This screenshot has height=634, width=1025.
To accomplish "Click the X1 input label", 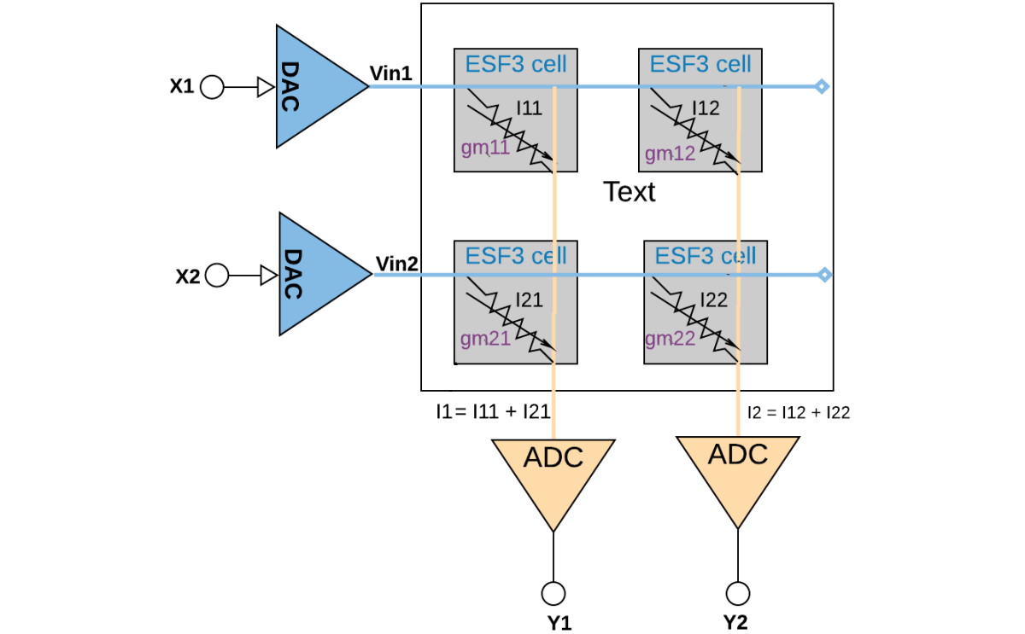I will tap(182, 86).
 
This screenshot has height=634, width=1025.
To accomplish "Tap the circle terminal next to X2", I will tap(217, 275).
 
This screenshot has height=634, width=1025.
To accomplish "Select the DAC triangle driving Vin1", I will tap(312, 86).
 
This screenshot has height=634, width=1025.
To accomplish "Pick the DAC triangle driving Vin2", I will tap(315, 275).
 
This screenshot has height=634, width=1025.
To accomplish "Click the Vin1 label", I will tap(391, 73).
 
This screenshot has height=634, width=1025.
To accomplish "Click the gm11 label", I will tap(485, 148).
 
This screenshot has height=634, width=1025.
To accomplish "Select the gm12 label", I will tap(670, 154).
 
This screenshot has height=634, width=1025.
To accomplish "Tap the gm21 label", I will tap(485, 338).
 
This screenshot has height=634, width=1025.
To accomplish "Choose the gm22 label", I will tap(670, 339).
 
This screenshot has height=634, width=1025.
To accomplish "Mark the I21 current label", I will tap(529, 300).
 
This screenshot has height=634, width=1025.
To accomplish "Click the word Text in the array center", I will tap(630, 191).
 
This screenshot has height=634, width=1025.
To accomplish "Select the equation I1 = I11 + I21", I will tap(491, 411).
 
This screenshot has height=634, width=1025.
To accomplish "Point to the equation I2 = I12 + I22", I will tap(798, 412).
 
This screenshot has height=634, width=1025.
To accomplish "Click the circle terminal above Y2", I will tap(737, 592).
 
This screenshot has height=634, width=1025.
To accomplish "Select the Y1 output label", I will tap(559, 623).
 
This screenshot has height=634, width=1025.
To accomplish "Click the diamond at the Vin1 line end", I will tap(821, 86).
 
